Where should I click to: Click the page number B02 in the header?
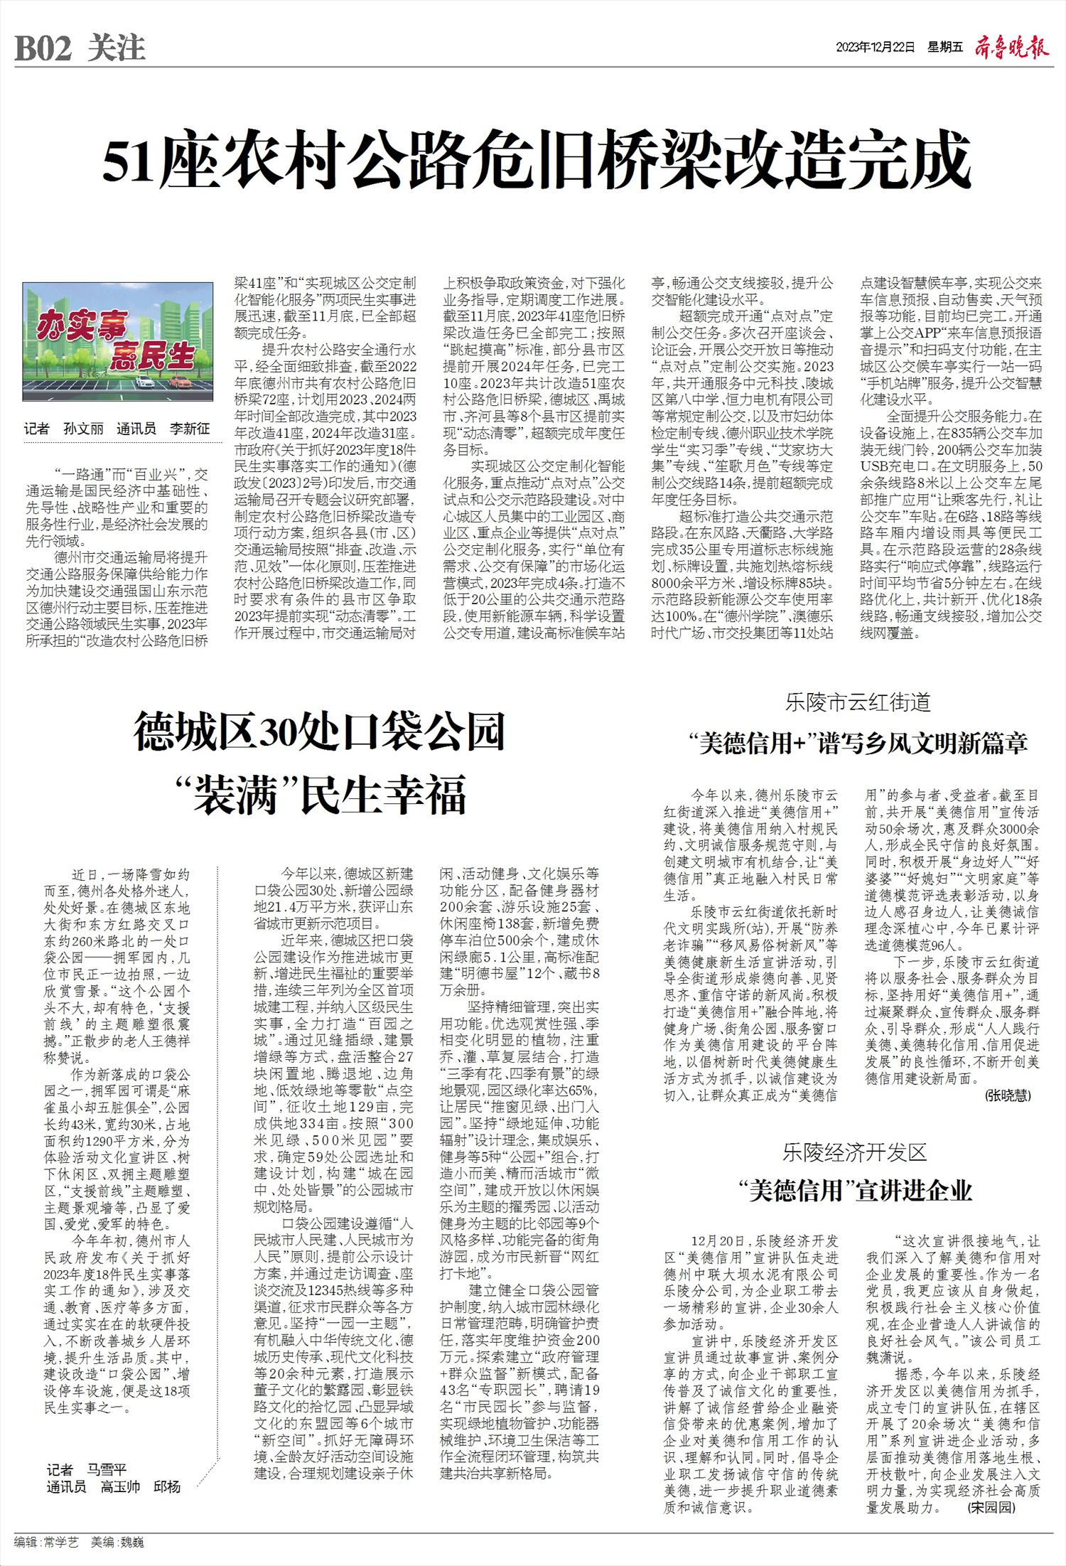click(x=44, y=49)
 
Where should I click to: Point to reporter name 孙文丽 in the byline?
click(x=83, y=429)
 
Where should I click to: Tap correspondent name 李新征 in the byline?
click(x=190, y=429)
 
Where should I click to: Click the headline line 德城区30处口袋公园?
click(x=320, y=733)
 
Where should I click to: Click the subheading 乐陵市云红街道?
click(x=858, y=703)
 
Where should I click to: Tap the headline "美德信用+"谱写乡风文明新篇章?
click(x=858, y=744)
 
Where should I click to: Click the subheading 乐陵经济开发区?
click(x=856, y=1152)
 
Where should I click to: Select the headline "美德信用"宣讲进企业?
click(x=855, y=1191)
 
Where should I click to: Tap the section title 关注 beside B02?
click(x=117, y=49)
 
